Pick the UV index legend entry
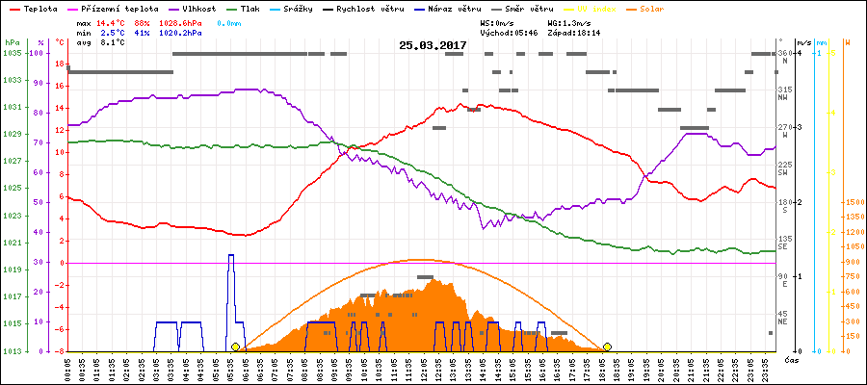(604, 8)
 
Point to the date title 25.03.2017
(433, 45)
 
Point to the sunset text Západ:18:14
(574, 32)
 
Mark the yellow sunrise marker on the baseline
(235, 346)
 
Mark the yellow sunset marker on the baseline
(607, 346)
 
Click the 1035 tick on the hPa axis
(12, 53)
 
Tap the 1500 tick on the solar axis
(854, 202)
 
